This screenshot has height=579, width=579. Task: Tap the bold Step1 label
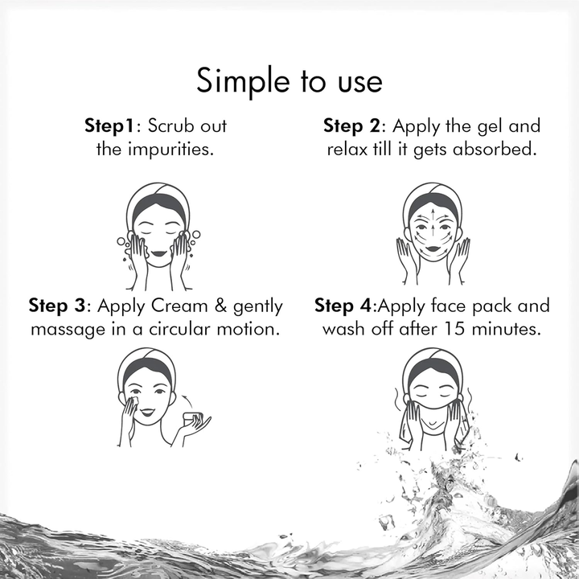(x=109, y=126)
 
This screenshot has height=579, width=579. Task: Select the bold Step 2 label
(x=351, y=126)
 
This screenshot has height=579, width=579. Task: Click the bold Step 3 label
(x=57, y=306)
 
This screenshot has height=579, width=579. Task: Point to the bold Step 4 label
(x=343, y=306)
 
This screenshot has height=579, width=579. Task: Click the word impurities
(x=171, y=150)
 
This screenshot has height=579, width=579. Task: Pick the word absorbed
(x=494, y=150)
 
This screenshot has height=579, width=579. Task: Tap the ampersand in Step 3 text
(x=220, y=306)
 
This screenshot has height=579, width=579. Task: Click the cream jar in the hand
(x=193, y=418)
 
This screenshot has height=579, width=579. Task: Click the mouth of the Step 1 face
(x=159, y=253)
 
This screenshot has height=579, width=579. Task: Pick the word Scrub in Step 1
(x=171, y=126)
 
